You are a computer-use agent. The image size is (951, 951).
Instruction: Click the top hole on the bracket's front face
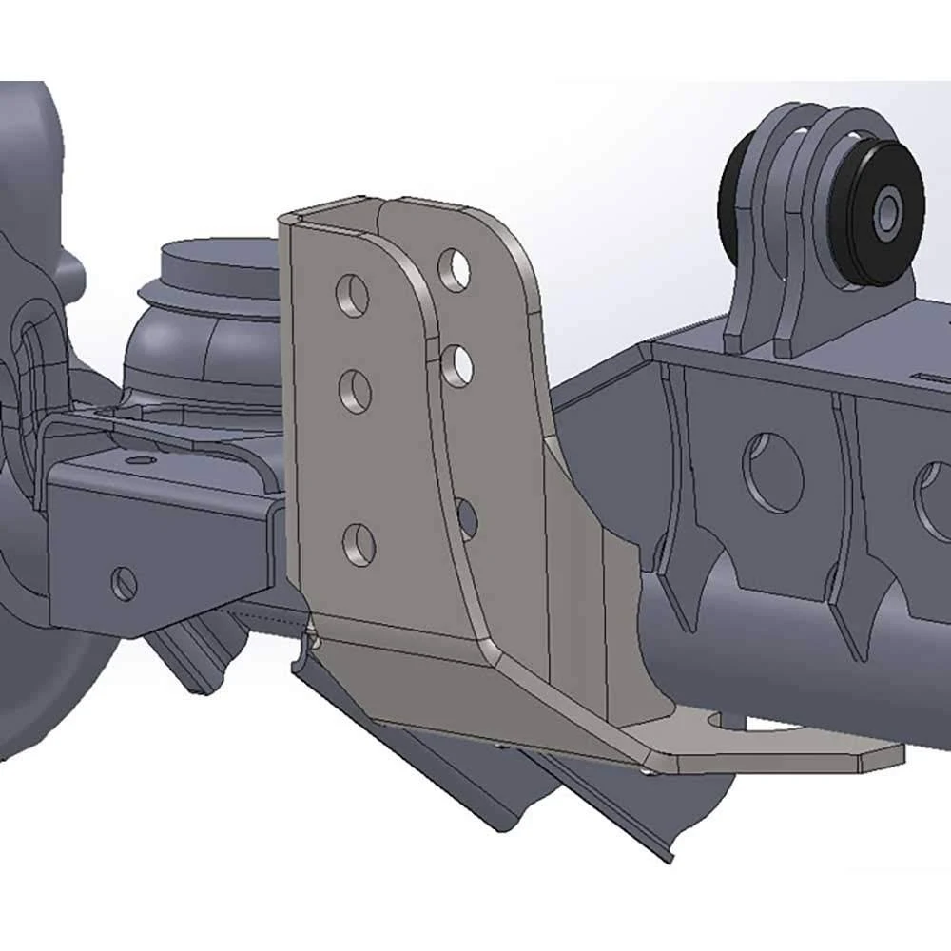click(x=351, y=296)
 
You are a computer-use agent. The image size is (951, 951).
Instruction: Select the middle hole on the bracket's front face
click(x=356, y=391)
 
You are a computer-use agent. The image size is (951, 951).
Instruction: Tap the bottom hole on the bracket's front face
click(x=359, y=544)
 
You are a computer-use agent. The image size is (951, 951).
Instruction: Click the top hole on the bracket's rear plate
click(x=455, y=269)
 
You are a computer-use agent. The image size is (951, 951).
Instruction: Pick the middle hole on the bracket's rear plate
click(x=458, y=365)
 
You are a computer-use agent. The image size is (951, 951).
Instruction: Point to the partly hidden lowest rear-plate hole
click(x=466, y=516)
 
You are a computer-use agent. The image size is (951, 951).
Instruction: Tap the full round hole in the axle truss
click(x=772, y=473)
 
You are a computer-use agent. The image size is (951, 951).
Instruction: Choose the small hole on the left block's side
click(x=124, y=583)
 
